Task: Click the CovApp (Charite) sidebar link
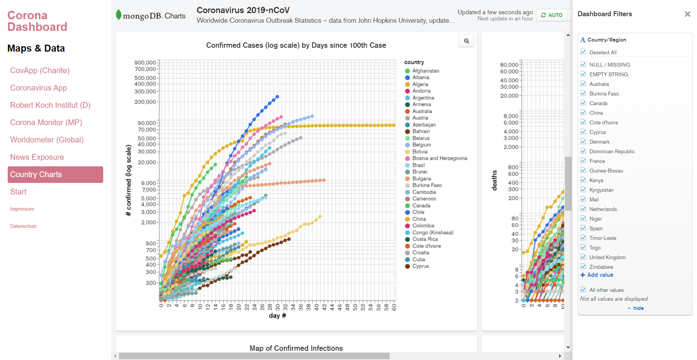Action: (x=40, y=70)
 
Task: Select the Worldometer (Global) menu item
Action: (x=47, y=140)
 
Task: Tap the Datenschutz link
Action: (x=23, y=226)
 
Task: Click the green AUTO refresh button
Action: (x=551, y=15)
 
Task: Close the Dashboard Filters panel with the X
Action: (x=687, y=14)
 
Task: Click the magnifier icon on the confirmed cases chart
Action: (x=466, y=41)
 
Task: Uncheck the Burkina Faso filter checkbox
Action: (x=583, y=94)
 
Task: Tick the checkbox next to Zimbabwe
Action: (x=583, y=267)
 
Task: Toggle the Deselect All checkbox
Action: (x=583, y=52)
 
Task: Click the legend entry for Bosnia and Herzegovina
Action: (x=439, y=158)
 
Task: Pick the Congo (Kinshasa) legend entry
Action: (x=432, y=233)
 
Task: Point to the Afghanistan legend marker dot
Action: (x=407, y=71)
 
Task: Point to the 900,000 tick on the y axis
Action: (x=145, y=62)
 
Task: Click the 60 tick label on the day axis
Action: (x=394, y=307)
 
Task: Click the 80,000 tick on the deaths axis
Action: (x=509, y=65)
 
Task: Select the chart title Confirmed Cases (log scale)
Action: (x=296, y=45)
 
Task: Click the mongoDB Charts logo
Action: (x=151, y=15)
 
